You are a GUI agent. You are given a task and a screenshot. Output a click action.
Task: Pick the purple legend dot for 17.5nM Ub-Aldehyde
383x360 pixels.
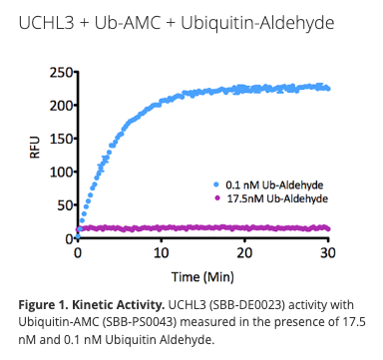click(215, 199)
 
